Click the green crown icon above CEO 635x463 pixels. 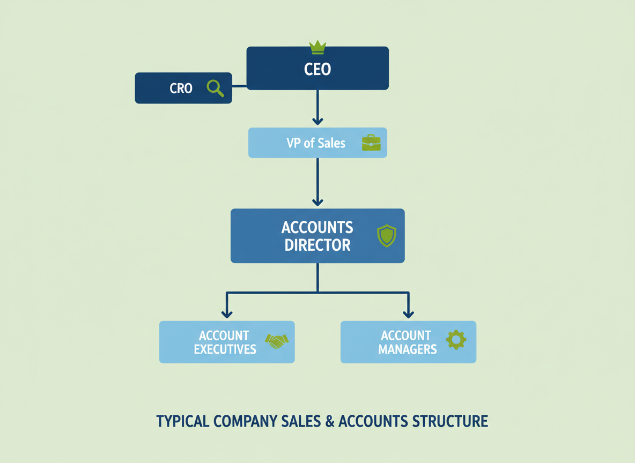(318, 47)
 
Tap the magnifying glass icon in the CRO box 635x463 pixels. (215, 88)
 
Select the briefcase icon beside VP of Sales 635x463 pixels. (371, 143)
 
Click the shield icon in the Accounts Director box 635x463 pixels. (386, 236)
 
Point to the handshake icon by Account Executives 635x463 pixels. (277, 341)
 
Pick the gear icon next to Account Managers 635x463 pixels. (456, 340)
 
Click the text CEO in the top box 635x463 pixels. (317, 69)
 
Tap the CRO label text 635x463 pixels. (181, 88)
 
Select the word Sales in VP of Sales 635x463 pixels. (331, 143)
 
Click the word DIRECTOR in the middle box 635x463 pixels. (317, 245)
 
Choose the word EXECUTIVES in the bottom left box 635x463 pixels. (225, 349)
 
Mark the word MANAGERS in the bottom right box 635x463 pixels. (407, 349)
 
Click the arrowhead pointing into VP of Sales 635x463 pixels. (317, 121)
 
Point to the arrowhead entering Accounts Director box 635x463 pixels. (317, 201)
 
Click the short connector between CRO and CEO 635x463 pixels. (239, 86)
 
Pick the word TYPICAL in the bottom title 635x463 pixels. (183, 421)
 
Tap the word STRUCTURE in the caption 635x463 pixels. (451, 421)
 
